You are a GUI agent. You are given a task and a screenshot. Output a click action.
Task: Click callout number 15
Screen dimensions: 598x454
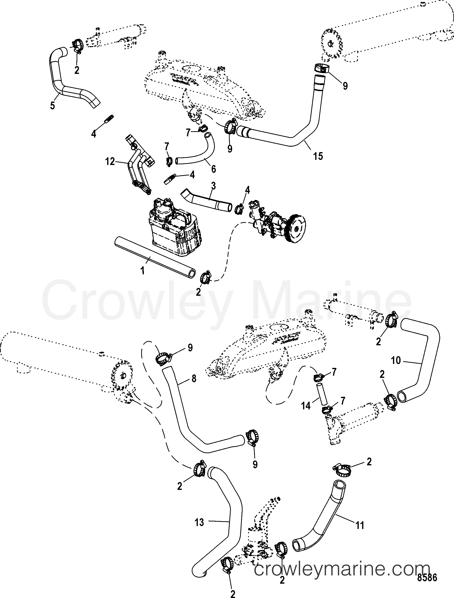(x=318, y=156)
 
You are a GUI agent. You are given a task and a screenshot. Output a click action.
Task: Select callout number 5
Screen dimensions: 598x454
(x=52, y=105)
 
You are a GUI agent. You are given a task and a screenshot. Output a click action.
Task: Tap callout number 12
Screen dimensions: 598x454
(x=110, y=162)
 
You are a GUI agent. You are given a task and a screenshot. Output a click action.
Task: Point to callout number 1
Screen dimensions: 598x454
(x=142, y=270)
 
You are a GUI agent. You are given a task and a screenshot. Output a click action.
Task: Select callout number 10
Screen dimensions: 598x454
(x=396, y=360)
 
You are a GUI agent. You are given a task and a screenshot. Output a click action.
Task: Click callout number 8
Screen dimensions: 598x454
(x=194, y=379)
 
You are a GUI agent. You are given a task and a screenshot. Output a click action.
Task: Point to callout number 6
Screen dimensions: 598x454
(x=213, y=169)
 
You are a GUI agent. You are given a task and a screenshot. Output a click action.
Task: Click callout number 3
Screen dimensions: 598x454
(x=213, y=186)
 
